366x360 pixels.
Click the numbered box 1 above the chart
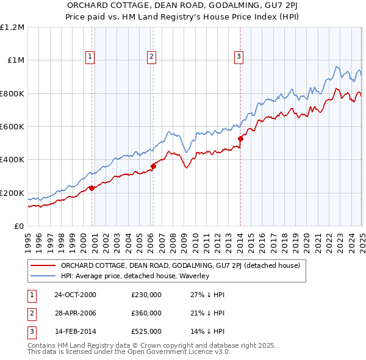click(x=90, y=57)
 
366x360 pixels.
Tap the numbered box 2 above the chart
click(x=151, y=57)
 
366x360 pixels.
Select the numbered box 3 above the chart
click(x=239, y=57)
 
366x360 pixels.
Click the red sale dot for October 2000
click(x=91, y=188)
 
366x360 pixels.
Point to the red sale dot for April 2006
click(x=153, y=166)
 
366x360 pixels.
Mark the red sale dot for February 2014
click(x=240, y=139)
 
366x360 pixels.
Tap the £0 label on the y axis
click(x=18, y=226)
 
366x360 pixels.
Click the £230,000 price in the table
click(x=146, y=294)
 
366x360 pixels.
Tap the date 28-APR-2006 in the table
click(x=75, y=313)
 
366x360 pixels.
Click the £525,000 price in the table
click(x=146, y=332)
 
